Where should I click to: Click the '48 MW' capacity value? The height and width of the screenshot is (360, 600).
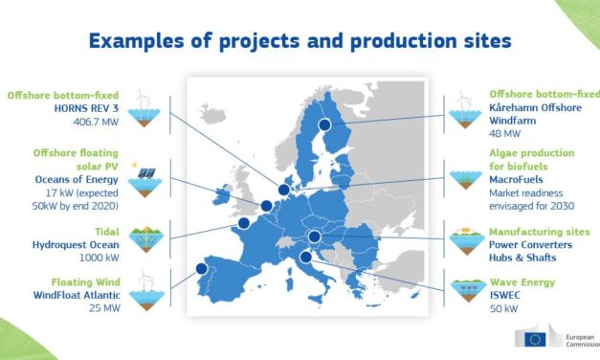(x=505, y=136)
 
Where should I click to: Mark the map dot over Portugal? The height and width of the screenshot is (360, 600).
(x=201, y=269)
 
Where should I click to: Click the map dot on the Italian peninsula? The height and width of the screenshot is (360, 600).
(x=304, y=256)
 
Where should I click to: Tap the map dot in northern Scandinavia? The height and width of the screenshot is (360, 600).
(x=324, y=124)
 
